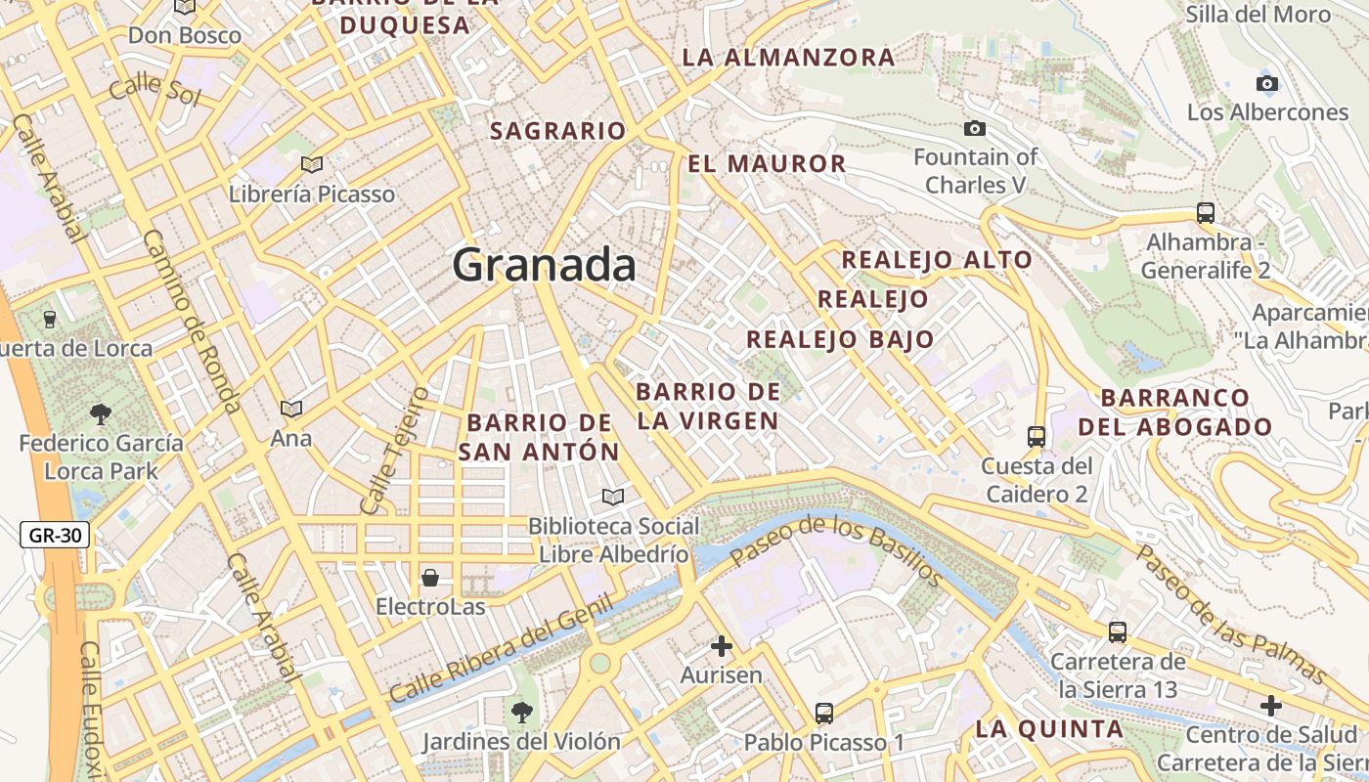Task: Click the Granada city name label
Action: click(x=545, y=265)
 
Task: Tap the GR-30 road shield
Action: click(x=55, y=535)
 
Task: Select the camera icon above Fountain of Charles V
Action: click(x=974, y=128)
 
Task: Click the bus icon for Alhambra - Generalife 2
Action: click(x=1206, y=212)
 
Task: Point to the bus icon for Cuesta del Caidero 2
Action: click(x=1037, y=436)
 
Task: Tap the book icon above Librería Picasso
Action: click(x=312, y=164)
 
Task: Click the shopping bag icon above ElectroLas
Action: click(x=430, y=577)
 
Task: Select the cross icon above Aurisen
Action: click(x=722, y=645)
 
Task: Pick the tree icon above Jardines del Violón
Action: click(x=521, y=712)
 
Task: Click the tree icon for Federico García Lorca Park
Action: click(x=100, y=413)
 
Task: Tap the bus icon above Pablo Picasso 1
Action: click(x=824, y=714)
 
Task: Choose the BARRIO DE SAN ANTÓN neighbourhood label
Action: click(x=540, y=437)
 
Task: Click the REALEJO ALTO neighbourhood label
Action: click(x=937, y=260)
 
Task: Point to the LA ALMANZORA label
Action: click(x=788, y=58)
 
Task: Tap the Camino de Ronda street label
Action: click(x=192, y=321)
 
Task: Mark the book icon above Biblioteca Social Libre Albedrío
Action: click(x=613, y=498)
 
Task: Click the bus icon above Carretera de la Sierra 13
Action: click(x=1118, y=632)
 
